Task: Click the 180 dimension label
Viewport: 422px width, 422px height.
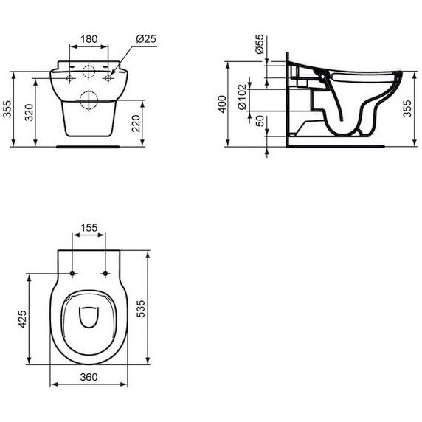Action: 89,37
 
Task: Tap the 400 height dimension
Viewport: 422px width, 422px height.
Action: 222,103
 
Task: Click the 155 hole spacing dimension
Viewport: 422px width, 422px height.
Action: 89,229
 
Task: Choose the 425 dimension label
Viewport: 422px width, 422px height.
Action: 23,319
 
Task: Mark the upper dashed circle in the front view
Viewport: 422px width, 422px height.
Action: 89,72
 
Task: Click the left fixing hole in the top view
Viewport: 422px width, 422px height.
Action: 72,275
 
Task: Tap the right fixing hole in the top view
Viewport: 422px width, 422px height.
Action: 106,275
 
